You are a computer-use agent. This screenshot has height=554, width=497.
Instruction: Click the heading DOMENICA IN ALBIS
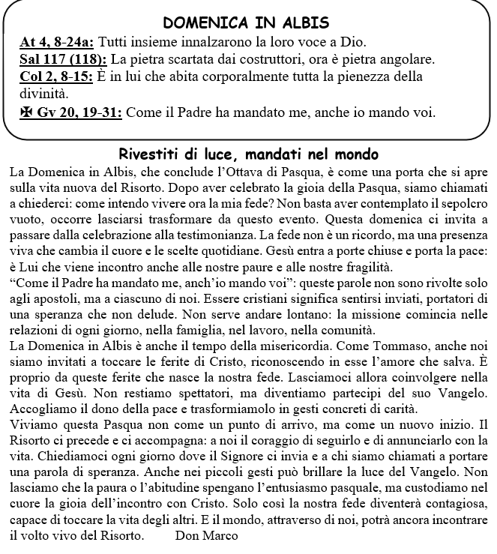(246, 22)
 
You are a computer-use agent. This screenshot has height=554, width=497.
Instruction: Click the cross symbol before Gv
(26, 113)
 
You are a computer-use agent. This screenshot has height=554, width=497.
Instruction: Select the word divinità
(46, 95)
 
